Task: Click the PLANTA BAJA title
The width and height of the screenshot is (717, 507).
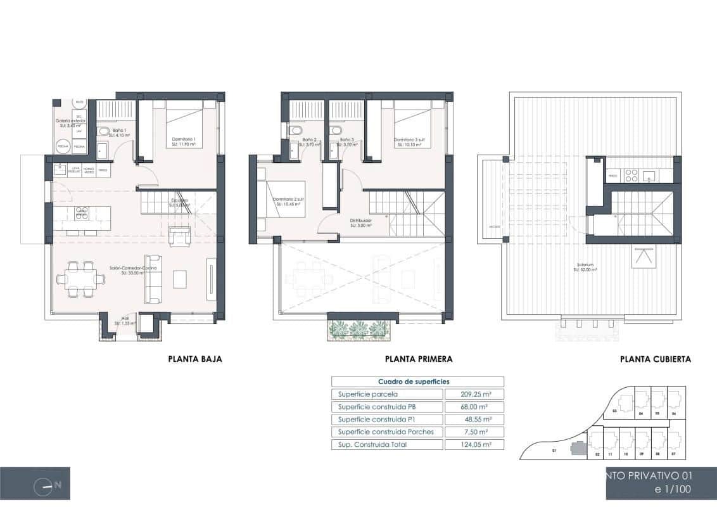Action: [x=195, y=359]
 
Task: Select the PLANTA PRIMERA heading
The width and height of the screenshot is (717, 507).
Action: [x=419, y=359]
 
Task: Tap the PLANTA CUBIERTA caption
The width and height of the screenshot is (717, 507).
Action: [x=655, y=359]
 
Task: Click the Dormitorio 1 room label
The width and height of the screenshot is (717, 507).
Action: [x=183, y=139]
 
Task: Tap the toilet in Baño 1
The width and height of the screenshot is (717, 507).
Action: [x=103, y=131]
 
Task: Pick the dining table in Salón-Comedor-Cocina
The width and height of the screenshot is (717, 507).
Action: [x=80, y=278]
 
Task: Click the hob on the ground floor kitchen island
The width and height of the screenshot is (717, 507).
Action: [x=82, y=212]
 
